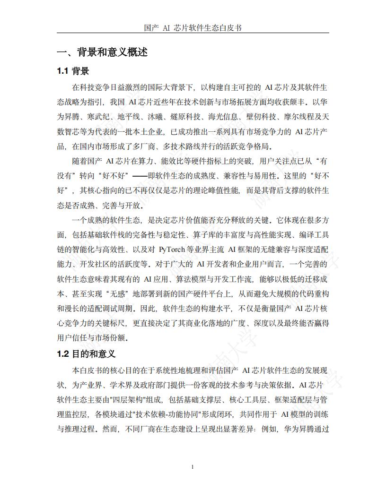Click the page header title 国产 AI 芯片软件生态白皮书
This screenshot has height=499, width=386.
click(x=193, y=28)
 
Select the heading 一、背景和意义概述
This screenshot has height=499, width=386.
click(x=102, y=52)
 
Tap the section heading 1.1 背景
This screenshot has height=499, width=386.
click(x=73, y=71)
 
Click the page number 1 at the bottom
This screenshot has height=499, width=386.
click(x=193, y=467)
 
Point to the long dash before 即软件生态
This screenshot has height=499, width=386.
click(x=139, y=176)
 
